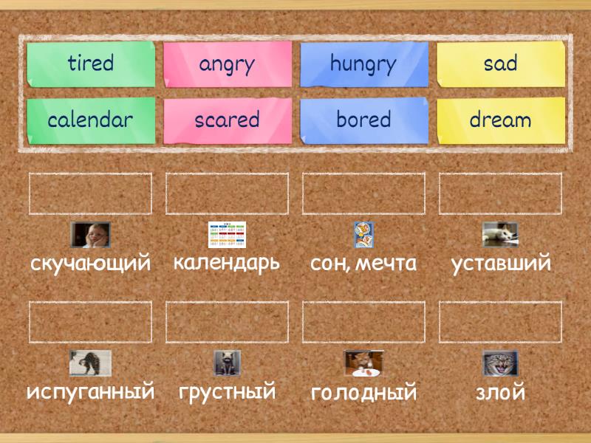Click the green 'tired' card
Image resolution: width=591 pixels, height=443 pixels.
(x=91, y=64)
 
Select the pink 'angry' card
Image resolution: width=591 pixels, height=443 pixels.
(x=227, y=64)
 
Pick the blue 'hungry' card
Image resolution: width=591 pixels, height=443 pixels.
(x=363, y=64)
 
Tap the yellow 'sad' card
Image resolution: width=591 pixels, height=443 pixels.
(x=500, y=64)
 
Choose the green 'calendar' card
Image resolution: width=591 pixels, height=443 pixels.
(x=91, y=120)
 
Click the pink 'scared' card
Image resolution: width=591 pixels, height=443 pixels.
(x=227, y=120)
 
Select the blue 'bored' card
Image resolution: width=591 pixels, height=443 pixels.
(x=363, y=120)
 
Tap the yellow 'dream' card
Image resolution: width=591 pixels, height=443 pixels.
(x=500, y=120)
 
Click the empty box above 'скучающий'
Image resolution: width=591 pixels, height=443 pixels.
(x=90, y=193)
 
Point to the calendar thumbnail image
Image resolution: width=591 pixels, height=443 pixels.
(x=227, y=235)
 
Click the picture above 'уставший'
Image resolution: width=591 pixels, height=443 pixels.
(x=500, y=235)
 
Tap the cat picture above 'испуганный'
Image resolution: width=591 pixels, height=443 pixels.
(x=90, y=363)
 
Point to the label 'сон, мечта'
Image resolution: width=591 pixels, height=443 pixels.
(x=363, y=263)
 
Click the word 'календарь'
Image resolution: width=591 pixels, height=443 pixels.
(x=227, y=262)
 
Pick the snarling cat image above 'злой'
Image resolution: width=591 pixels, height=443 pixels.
(x=500, y=363)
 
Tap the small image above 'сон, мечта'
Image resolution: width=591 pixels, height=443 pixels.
(x=363, y=235)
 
